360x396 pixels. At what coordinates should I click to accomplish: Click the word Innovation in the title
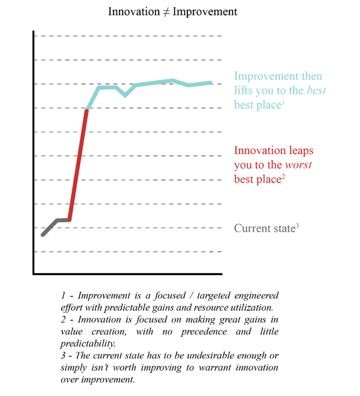click(x=134, y=11)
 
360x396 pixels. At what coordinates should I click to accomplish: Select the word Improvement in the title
click(x=204, y=11)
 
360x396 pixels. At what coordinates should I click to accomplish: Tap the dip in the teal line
click(x=125, y=95)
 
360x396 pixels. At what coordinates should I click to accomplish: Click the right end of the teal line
click(x=210, y=83)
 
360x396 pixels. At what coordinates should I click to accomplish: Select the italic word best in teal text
click(x=316, y=91)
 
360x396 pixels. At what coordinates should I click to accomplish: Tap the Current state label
click(x=264, y=228)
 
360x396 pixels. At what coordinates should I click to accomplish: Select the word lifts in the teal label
click(x=244, y=91)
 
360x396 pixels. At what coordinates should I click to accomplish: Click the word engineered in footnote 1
click(x=256, y=296)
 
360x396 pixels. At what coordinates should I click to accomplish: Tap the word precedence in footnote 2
click(x=204, y=332)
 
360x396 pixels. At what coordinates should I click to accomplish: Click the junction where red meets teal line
click(x=87, y=109)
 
